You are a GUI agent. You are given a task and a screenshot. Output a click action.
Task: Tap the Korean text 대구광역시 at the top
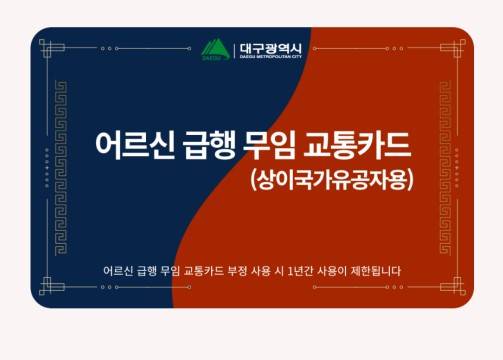(269, 44)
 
